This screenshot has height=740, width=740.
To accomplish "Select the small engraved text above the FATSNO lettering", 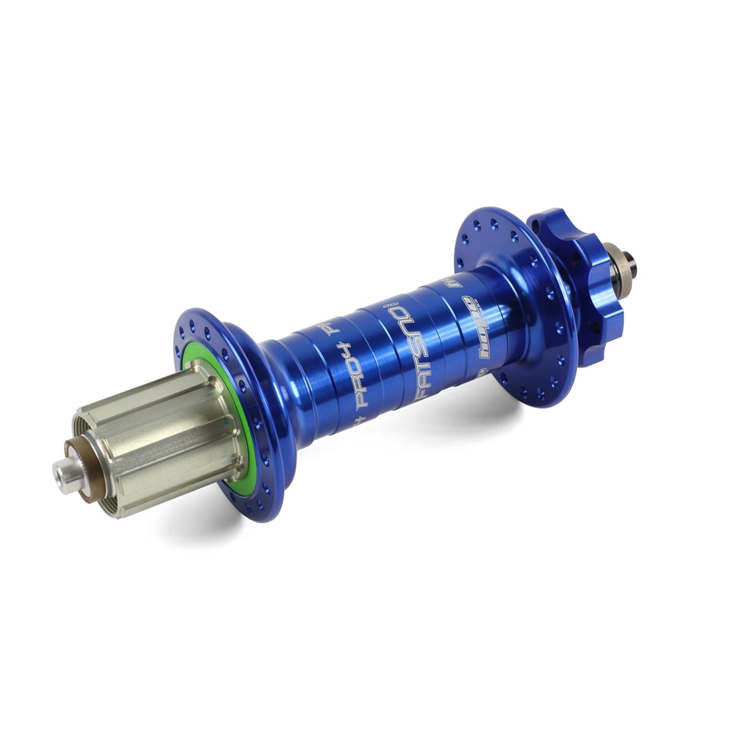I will (385, 307).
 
